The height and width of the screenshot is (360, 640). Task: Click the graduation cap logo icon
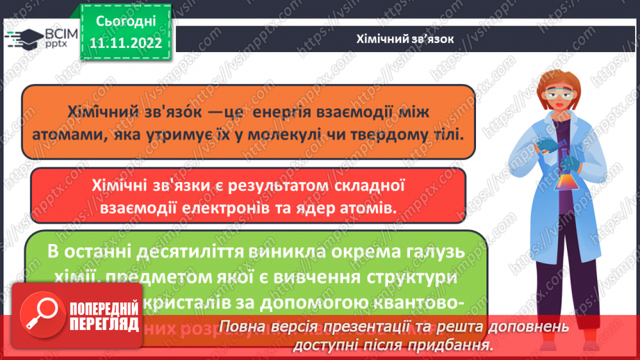click(x=24, y=39)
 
